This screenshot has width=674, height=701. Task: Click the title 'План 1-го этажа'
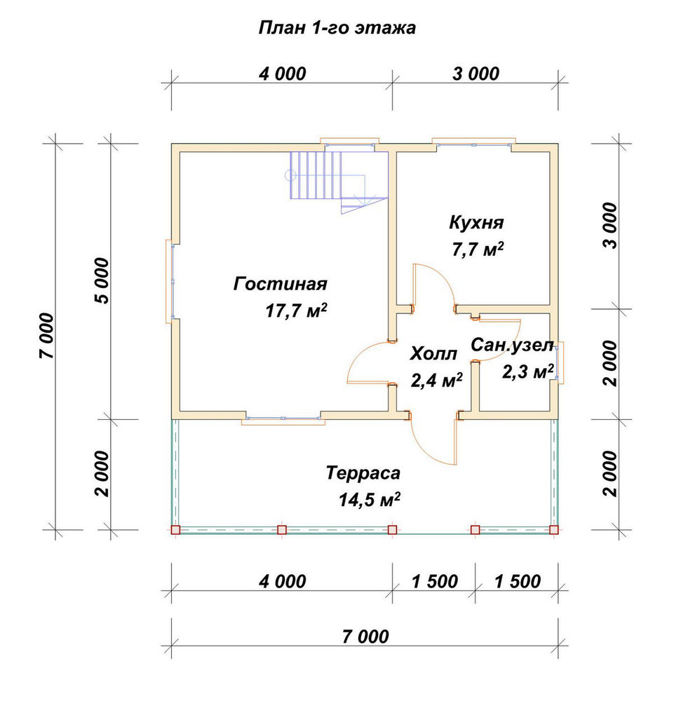pos(337,28)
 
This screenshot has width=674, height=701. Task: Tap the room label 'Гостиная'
pos(281,284)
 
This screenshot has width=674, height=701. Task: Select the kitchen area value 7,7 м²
pos(478,250)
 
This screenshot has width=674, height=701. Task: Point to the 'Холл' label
pos(433,353)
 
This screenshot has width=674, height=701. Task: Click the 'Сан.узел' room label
pos(512,345)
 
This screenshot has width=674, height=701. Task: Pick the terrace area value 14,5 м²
pos(370,500)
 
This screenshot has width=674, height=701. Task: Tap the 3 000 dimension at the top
pos(476,74)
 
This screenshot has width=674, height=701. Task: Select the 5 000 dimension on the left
pos(102,281)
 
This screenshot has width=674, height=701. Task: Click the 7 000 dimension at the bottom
pos(365,637)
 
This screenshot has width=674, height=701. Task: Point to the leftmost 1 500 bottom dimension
pos(434,581)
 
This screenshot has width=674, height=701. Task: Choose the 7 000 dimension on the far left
pos(47,335)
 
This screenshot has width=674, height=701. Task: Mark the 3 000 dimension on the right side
pos(609,225)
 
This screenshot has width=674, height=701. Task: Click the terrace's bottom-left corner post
pos(175,530)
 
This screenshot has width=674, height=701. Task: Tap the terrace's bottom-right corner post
pos(553,530)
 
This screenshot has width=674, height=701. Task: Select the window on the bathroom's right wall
pos(558,362)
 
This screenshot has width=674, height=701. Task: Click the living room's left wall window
pos(171,281)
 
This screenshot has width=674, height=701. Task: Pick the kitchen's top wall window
pos(473,142)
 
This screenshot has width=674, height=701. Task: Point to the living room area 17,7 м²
pos(296,311)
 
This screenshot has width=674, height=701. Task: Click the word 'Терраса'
pos(363,473)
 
